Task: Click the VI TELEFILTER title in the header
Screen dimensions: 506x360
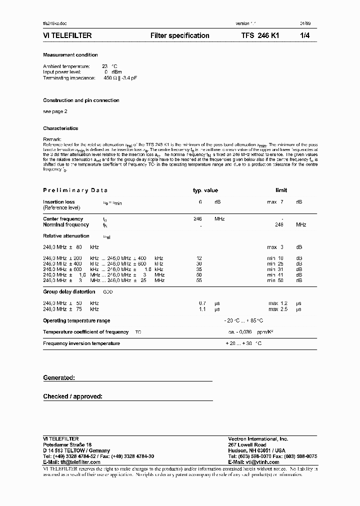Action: [x=67, y=35]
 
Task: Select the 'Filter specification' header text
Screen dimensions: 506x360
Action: [x=179, y=35]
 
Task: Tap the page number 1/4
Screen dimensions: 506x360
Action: [x=304, y=35]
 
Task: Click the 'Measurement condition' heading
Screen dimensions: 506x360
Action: [x=70, y=55]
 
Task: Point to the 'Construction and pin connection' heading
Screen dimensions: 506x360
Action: [x=81, y=100]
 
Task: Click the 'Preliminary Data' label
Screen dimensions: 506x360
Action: [x=75, y=190]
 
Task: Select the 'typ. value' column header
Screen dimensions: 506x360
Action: [x=205, y=190]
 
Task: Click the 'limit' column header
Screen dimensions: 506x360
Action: [x=281, y=190]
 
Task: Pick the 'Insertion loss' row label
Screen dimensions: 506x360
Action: [x=59, y=202]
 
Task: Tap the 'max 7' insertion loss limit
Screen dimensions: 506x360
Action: [x=275, y=202]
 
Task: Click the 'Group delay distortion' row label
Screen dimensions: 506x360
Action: [x=69, y=291]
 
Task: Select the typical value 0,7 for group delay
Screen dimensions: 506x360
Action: [x=202, y=303]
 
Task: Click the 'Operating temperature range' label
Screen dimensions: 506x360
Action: [x=76, y=320]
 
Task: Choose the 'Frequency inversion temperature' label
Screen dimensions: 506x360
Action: [x=81, y=343]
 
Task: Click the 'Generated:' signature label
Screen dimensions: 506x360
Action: [x=59, y=378]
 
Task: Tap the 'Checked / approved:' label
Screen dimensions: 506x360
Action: [x=72, y=396]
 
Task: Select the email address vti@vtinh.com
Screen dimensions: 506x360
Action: [x=260, y=462]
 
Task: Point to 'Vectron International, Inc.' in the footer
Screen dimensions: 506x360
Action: [x=258, y=438]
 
